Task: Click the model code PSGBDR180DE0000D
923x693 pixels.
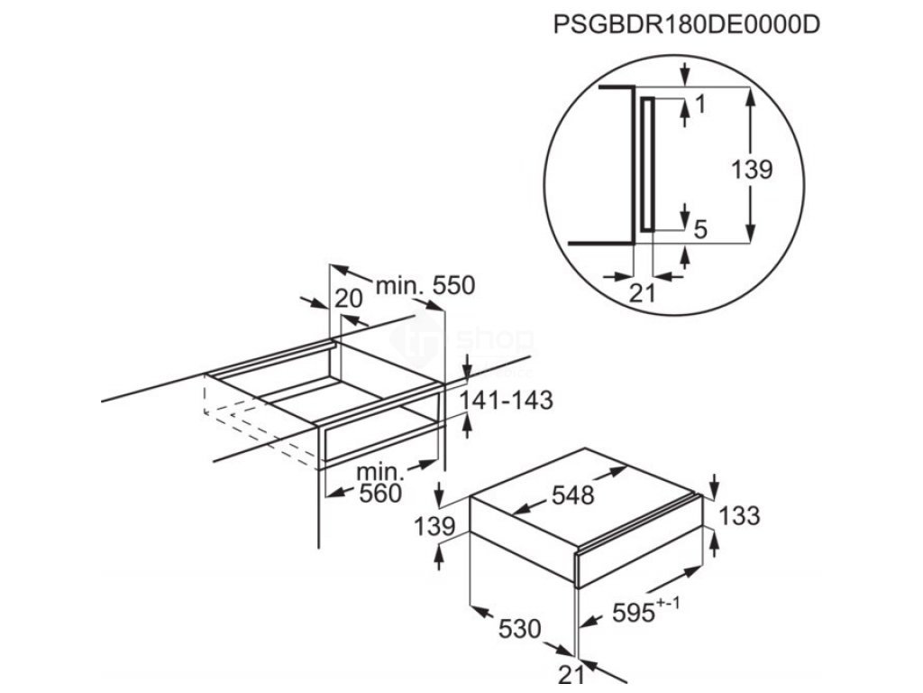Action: (x=686, y=25)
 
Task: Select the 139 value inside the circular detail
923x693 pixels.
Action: (x=751, y=169)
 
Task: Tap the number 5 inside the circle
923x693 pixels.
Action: (x=700, y=230)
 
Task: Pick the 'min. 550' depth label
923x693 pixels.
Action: (x=424, y=286)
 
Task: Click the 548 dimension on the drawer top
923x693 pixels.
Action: (x=574, y=495)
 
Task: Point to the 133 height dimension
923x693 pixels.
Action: (x=740, y=516)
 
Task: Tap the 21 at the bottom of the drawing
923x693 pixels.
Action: (x=571, y=674)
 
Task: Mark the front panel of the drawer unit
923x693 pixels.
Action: (x=639, y=560)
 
